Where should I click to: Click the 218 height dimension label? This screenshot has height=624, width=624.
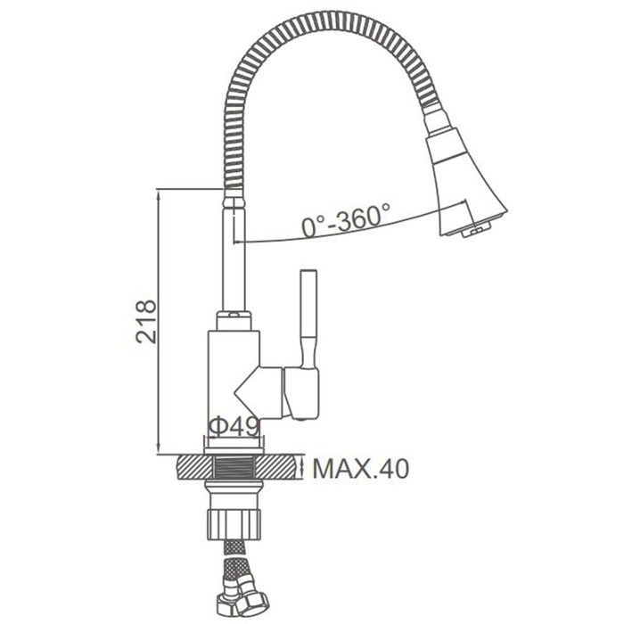pyautogui.click(x=146, y=322)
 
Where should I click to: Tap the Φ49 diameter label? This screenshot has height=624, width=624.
pyautogui.click(x=234, y=427)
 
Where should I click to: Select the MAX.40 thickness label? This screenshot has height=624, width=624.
pyautogui.click(x=360, y=469)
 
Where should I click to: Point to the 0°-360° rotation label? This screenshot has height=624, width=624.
pyautogui.click(x=346, y=220)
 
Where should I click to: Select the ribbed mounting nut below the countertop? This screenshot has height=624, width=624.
pyautogui.click(x=234, y=524)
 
